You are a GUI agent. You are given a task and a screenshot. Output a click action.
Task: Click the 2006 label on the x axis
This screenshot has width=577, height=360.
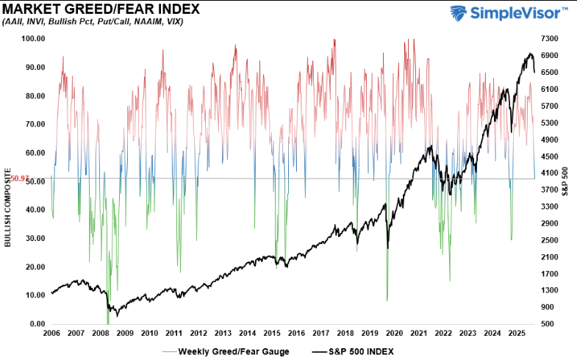click(52, 334)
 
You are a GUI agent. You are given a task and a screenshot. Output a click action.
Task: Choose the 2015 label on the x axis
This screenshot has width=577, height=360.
click(272, 334)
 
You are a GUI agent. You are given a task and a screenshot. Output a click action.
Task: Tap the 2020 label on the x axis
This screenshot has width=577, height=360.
click(394, 334)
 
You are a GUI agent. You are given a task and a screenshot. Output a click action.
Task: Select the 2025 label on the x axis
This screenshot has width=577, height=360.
click(516, 334)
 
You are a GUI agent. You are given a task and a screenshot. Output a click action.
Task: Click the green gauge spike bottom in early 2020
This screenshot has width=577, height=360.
click(387, 300)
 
